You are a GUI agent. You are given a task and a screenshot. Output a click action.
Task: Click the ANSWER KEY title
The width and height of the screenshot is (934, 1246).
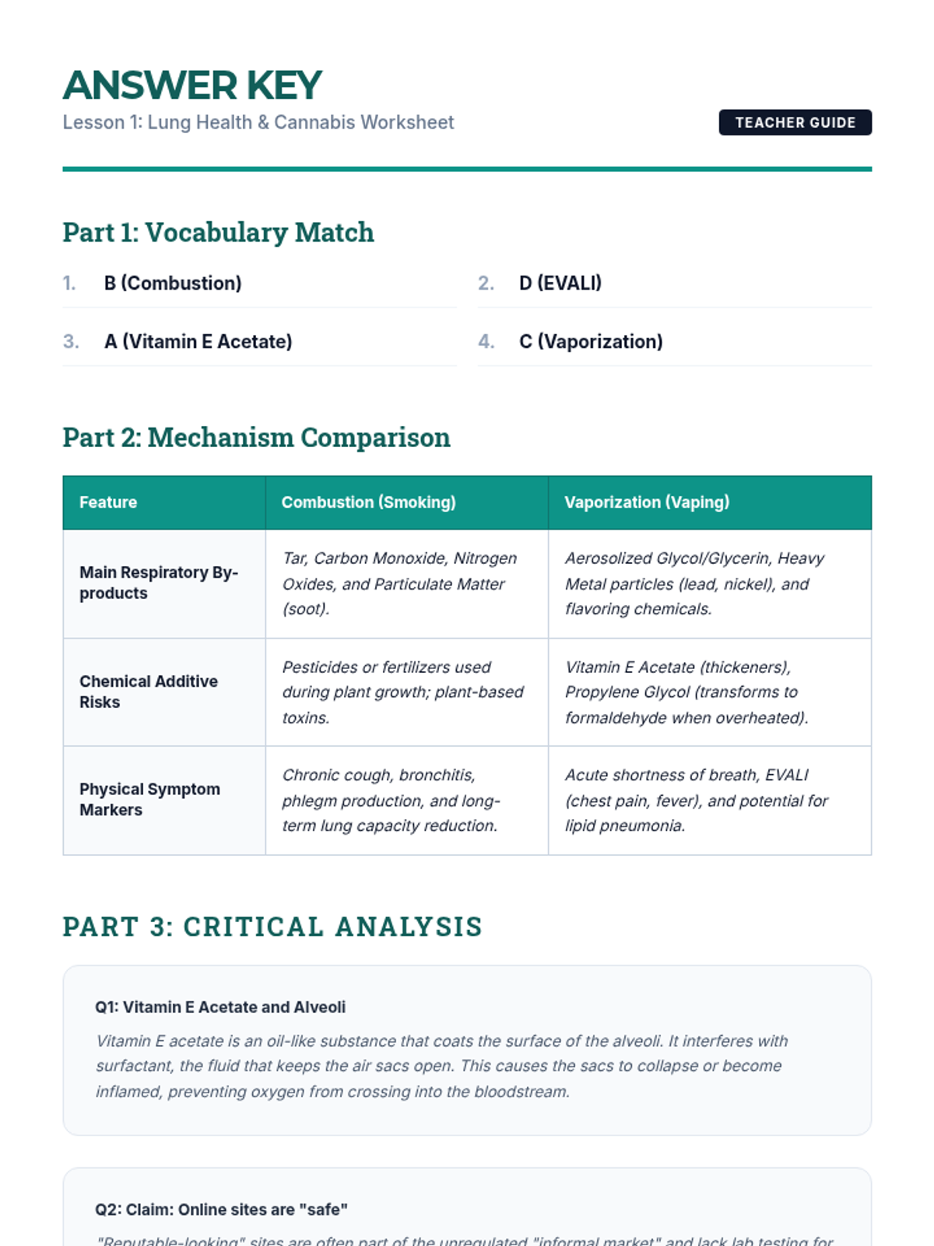192,86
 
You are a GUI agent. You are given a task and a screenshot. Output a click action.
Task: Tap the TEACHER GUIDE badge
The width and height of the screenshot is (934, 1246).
795,122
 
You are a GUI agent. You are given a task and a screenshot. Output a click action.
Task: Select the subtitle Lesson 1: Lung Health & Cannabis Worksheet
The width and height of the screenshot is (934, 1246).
258,122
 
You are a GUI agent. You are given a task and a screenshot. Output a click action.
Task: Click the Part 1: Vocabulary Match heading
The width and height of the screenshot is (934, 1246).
218,233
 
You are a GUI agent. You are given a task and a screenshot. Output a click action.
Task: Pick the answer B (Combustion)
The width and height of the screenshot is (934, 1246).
173,283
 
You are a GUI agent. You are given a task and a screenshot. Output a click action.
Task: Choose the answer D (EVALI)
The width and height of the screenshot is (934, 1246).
560,283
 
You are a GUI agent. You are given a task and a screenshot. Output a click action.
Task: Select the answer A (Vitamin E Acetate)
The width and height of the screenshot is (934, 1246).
198,341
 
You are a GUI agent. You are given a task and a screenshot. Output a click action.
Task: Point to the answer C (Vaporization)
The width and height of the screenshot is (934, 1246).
591,341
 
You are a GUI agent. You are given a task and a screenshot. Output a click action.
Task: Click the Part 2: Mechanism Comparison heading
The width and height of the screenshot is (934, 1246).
256,438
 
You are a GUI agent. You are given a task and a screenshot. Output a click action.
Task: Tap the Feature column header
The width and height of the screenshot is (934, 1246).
108,502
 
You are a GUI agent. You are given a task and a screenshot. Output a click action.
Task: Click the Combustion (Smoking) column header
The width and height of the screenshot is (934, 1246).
368,502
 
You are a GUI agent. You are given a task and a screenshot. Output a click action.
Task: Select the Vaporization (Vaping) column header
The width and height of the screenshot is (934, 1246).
647,502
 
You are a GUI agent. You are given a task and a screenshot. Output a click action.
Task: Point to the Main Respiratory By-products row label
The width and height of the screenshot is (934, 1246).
159,583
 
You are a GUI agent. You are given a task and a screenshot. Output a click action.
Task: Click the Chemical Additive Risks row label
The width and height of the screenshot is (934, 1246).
149,692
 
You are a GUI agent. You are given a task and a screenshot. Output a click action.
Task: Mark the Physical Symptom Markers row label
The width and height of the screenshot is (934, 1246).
149,799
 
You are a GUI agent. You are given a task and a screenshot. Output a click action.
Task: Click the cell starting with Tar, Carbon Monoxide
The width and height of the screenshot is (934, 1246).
400,583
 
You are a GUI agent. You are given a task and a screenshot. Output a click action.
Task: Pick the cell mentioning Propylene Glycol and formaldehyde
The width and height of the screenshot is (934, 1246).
686,692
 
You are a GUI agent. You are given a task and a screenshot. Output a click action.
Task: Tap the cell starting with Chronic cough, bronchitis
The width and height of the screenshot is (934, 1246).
391,800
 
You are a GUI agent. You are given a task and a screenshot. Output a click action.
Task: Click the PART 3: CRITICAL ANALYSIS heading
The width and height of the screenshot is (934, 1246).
272,927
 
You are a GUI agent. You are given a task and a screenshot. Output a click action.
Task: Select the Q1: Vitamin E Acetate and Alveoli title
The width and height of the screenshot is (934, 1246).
220,1007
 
